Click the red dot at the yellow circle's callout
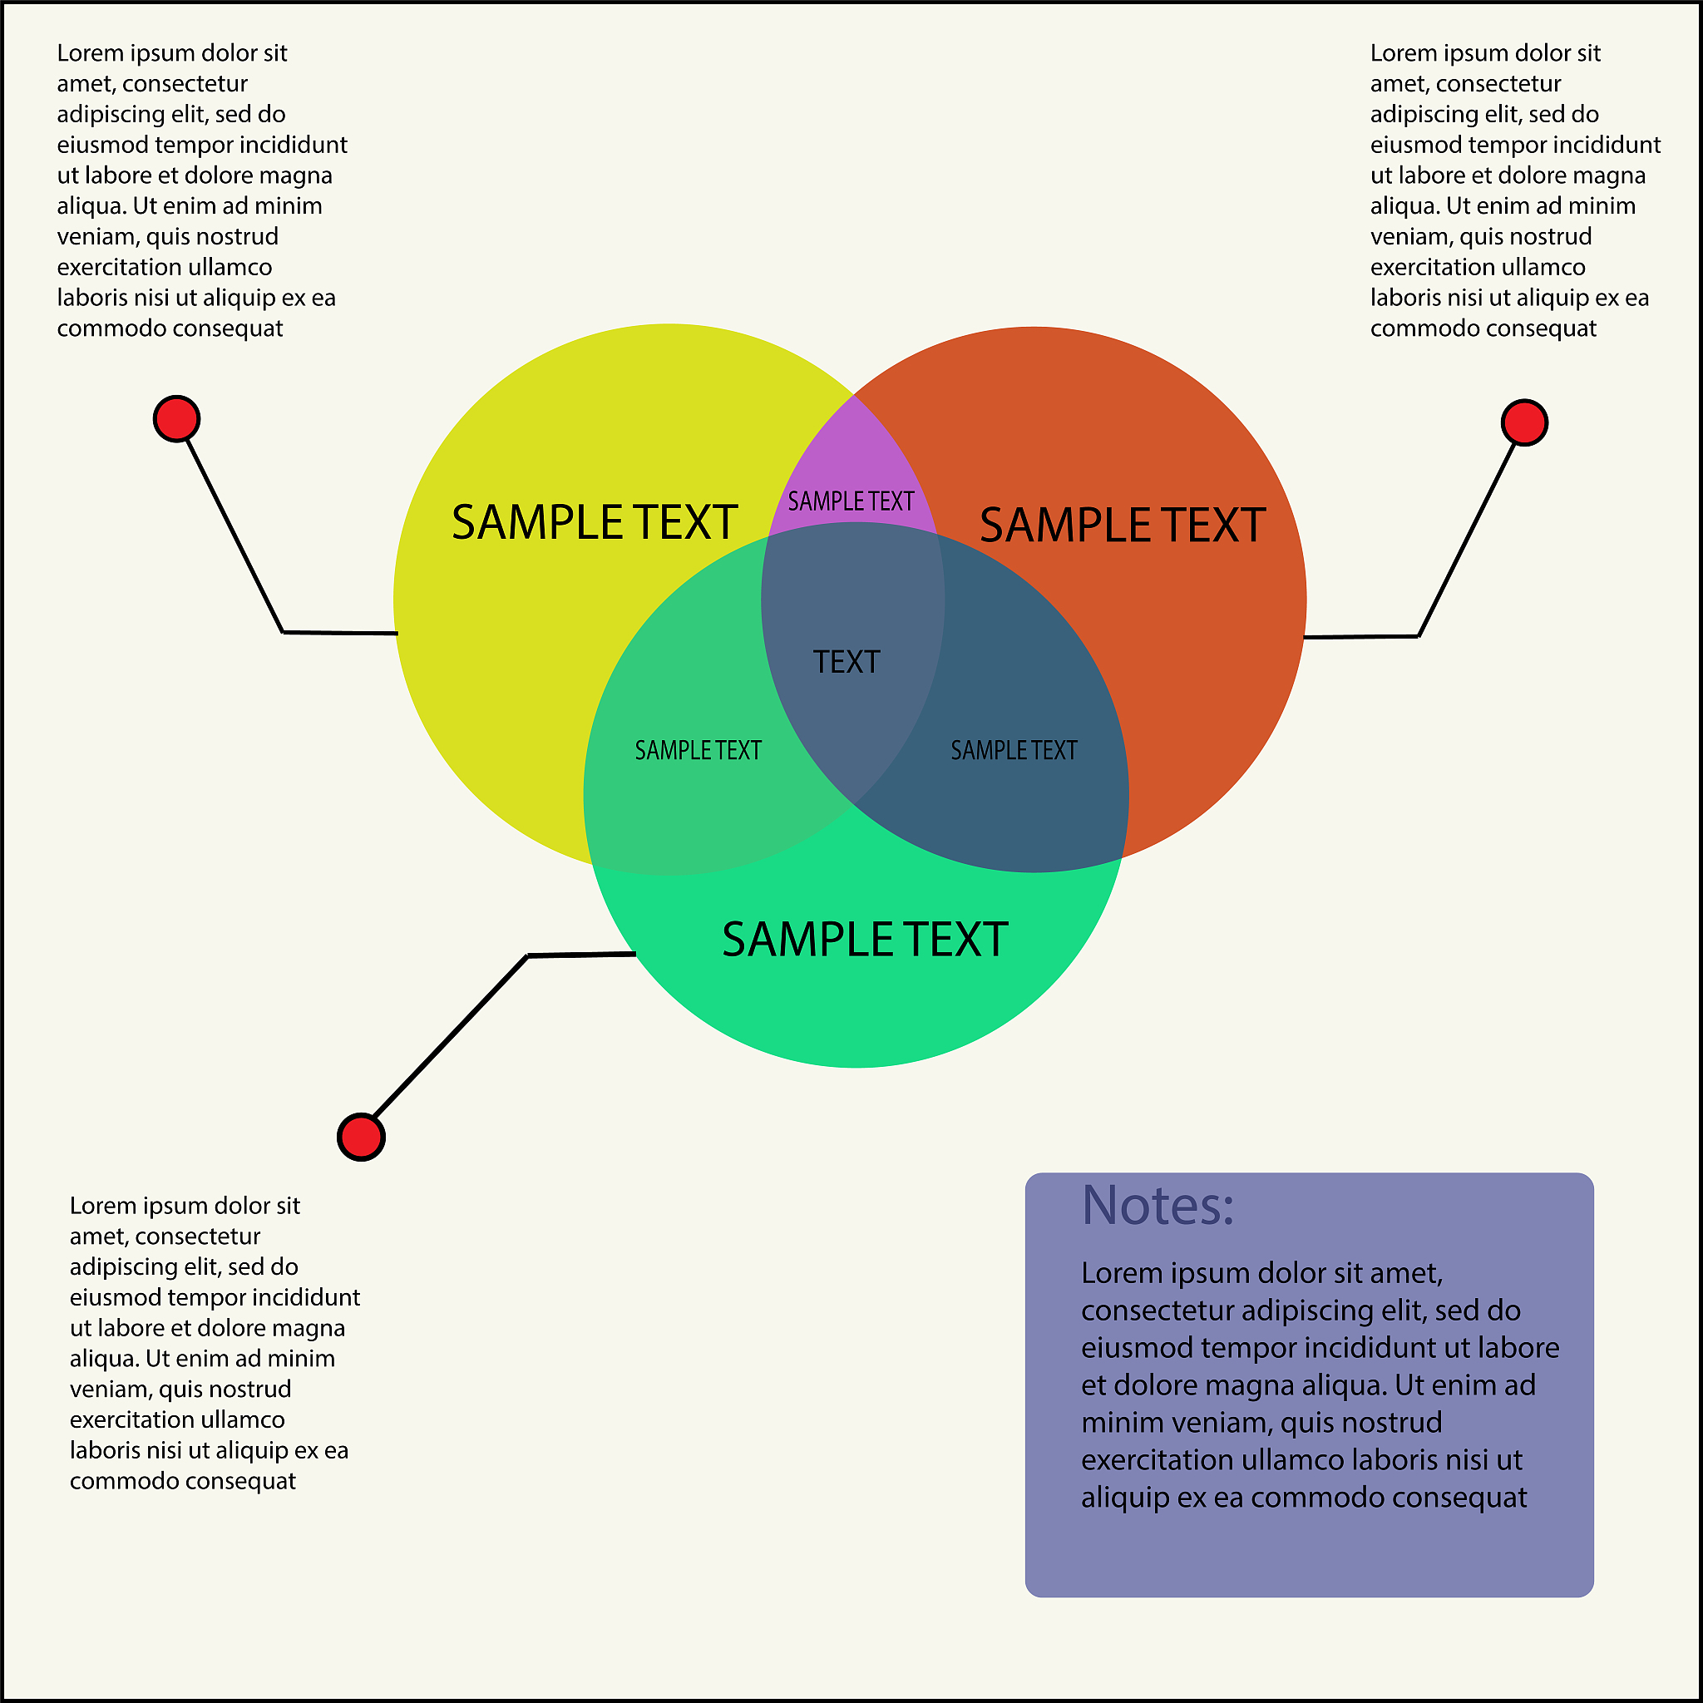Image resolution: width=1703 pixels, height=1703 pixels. (x=176, y=419)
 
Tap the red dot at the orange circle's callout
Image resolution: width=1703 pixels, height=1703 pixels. (x=1524, y=423)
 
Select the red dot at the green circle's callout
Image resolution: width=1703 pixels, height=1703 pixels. (x=362, y=1137)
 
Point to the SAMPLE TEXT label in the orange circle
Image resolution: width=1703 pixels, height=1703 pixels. (x=1122, y=526)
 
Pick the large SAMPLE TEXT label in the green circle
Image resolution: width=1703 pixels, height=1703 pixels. (x=865, y=940)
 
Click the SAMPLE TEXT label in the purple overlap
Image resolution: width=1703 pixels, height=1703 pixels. (x=851, y=501)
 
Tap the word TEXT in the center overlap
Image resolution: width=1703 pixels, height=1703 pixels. (x=847, y=662)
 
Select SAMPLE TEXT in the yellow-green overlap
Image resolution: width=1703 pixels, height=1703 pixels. (x=698, y=750)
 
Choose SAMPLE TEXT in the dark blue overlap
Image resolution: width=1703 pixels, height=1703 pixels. (x=1014, y=750)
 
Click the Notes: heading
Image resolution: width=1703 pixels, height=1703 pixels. (x=1158, y=1206)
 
